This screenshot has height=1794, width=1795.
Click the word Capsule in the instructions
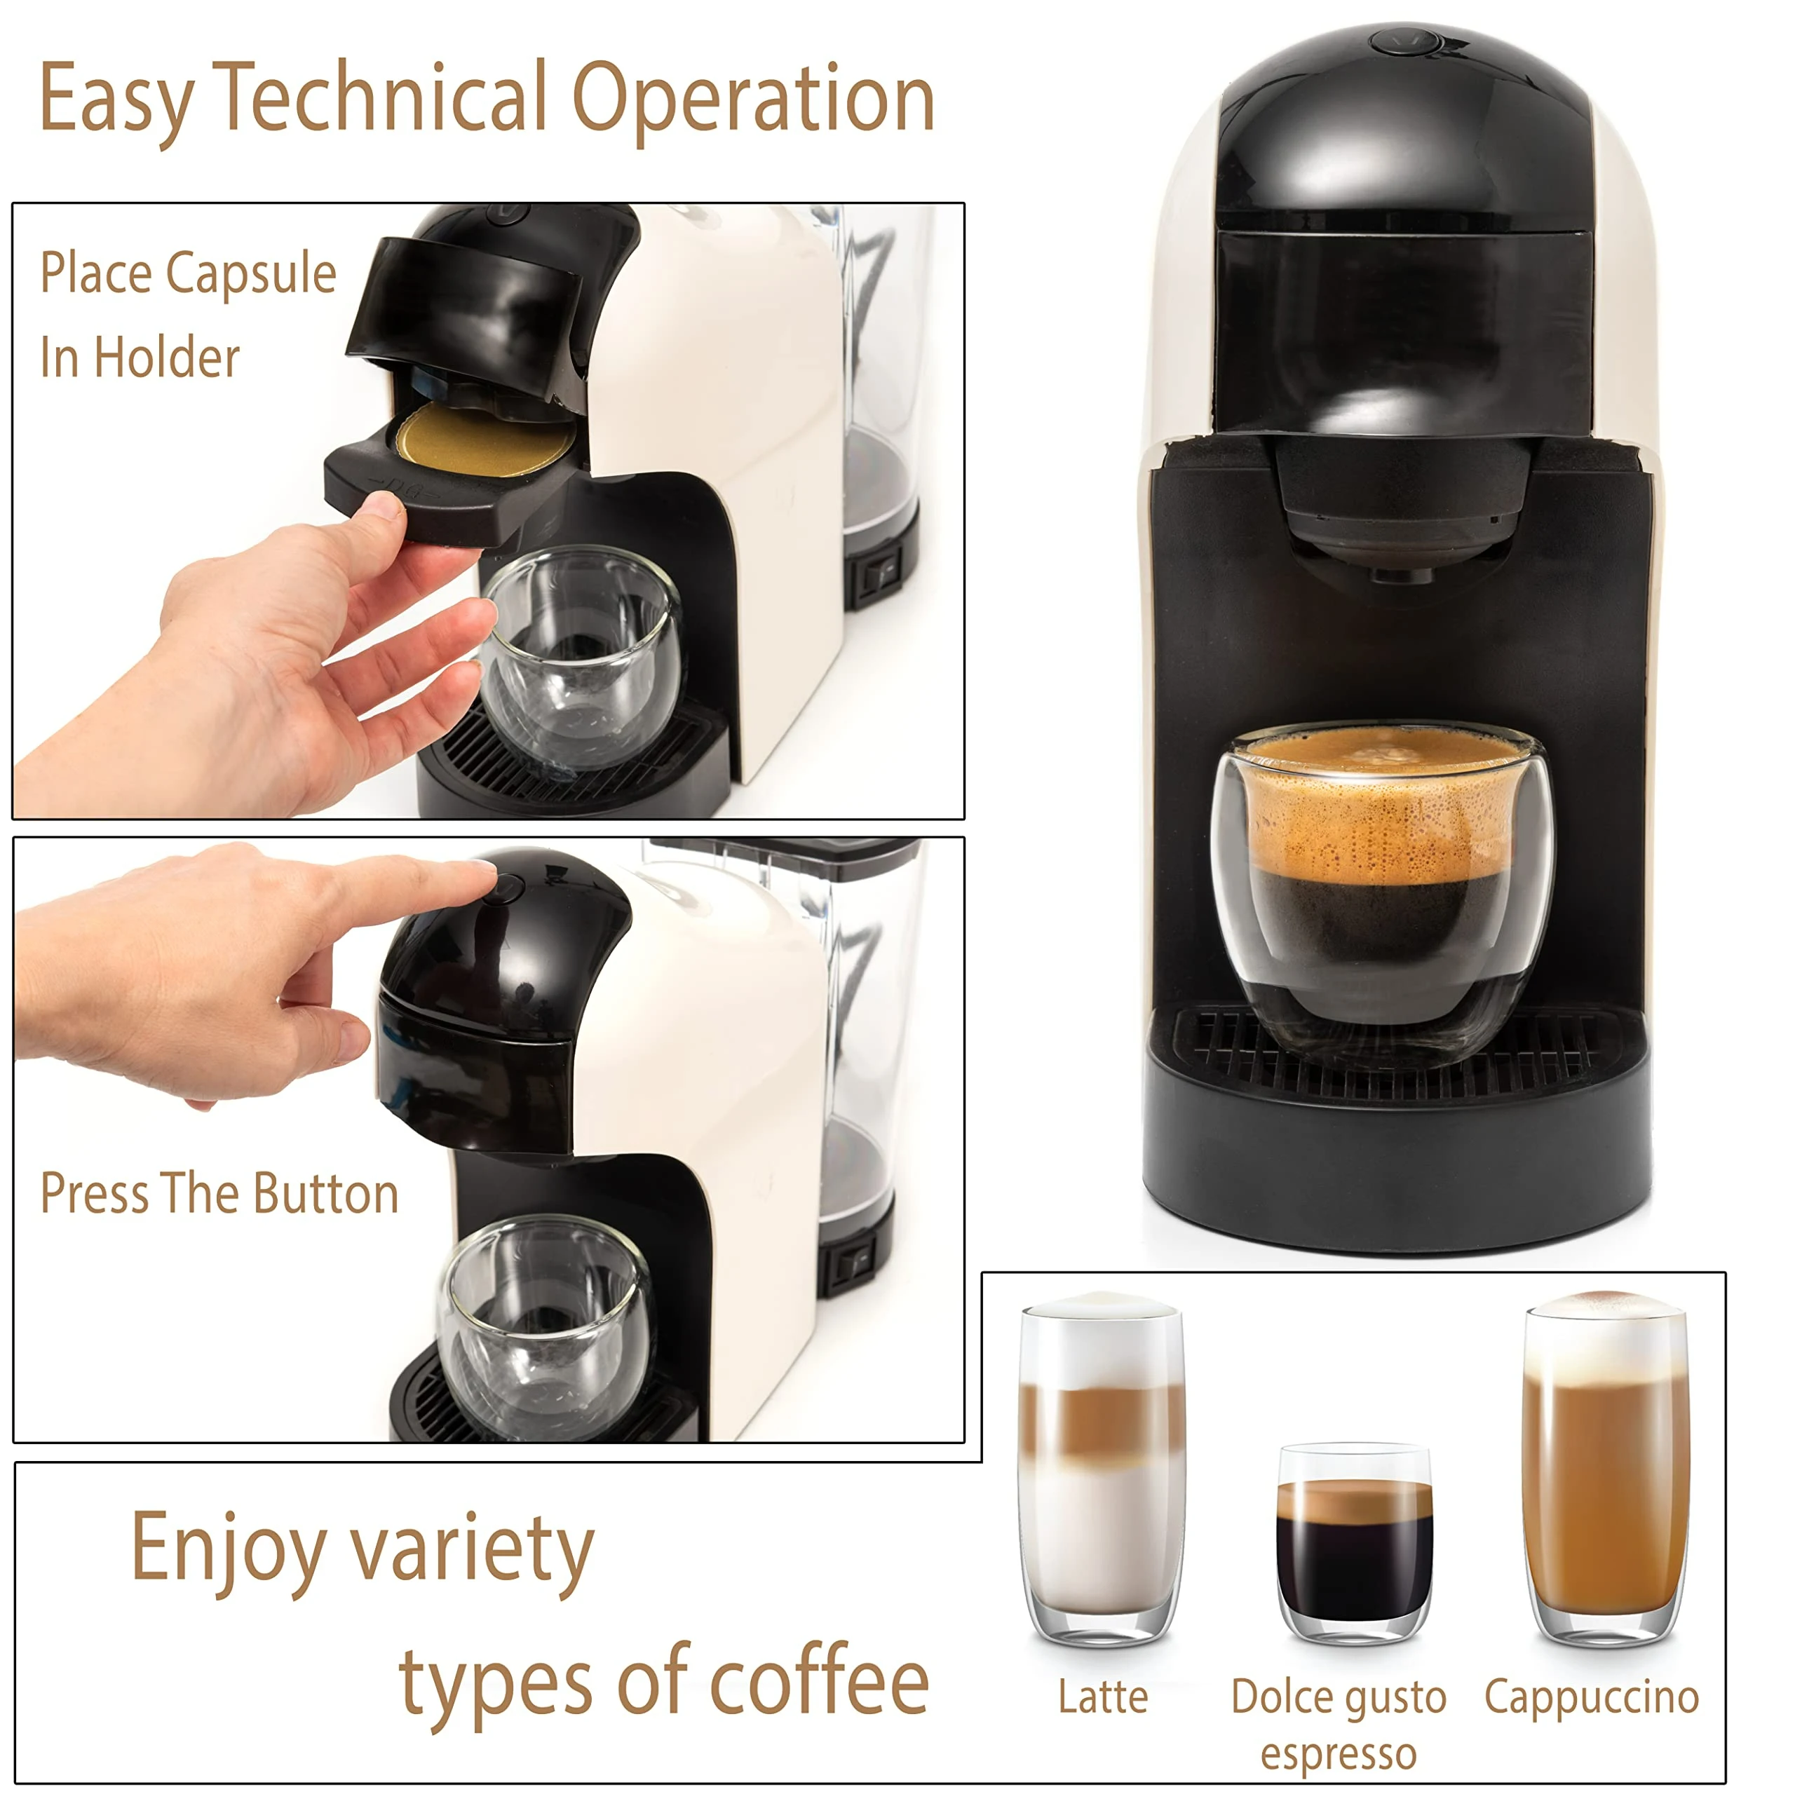[251, 273]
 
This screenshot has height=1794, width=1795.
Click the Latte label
[1103, 1697]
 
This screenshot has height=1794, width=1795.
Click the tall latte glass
[1102, 1468]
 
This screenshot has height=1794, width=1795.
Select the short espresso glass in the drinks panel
[1354, 1542]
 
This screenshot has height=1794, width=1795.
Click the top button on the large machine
[1404, 42]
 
